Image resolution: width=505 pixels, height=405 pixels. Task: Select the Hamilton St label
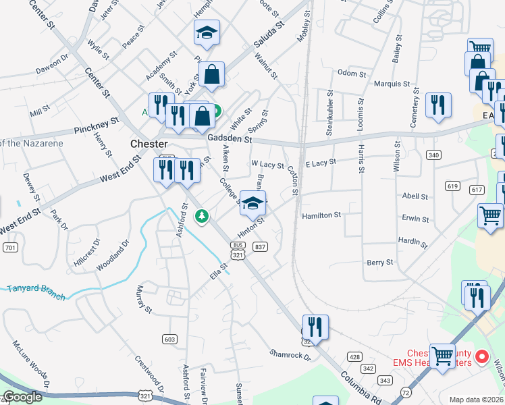(x=321, y=215)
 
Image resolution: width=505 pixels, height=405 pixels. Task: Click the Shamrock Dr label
(x=289, y=353)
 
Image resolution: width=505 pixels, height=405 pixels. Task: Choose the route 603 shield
(x=169, y=338)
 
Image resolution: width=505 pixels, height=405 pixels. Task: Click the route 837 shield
(x=260, y=247)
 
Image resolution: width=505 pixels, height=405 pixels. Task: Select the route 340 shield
(x=433, y=155)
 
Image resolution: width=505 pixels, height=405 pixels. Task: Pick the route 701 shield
(x=9, y=248)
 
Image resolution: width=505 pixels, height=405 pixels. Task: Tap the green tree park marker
(x=201, y=216)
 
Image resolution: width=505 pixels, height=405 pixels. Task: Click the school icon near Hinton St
(x=253, y=203)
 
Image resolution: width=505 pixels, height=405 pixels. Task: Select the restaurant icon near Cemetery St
(x=438, y=105)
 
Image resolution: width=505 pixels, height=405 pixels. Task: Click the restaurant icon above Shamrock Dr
(x=315, y=327)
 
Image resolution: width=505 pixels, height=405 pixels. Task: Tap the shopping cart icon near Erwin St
(x=490, y=216)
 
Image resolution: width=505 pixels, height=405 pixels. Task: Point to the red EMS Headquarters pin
(x=482, y=356)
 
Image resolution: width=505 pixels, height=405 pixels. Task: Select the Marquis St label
(x=392, y=84)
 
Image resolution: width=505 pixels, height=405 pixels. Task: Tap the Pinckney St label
(x=96, y=125)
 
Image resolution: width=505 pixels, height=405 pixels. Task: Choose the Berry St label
(x=379, y=262)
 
